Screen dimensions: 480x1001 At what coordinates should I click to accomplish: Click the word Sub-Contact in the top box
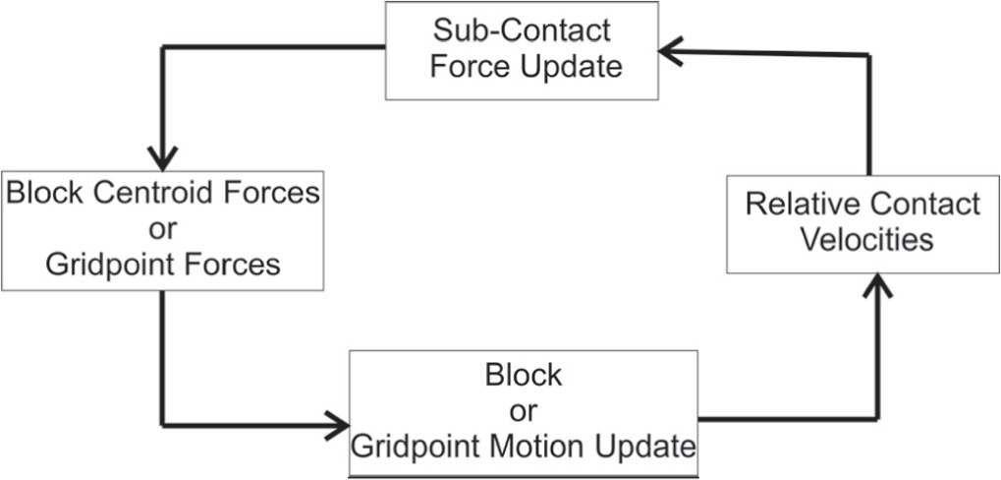(523, 30)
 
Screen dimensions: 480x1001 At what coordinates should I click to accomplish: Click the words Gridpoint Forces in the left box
(163, 265)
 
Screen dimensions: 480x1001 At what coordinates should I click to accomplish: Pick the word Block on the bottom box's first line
(523, 375)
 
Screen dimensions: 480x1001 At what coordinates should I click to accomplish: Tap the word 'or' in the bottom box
(523, 410)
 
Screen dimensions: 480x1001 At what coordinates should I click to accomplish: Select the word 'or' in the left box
(163, 228)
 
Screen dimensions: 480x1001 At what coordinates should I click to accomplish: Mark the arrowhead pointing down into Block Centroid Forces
(162, 157)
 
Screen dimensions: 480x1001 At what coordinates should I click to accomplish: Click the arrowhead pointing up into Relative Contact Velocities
(868, 287)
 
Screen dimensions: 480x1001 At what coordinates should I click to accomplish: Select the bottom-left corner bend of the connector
(162, 426)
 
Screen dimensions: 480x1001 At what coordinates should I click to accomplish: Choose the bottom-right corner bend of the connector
(868, 419)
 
